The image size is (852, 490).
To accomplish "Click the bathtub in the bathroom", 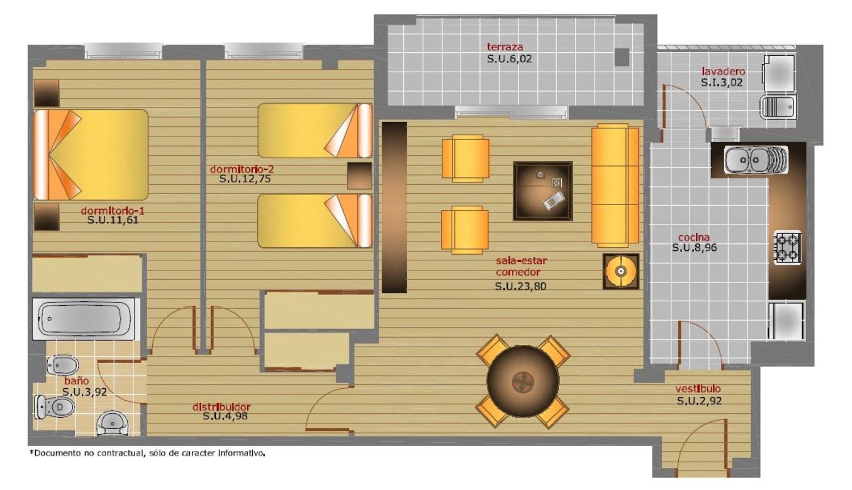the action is [x=84, y=319].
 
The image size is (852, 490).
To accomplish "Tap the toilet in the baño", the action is [x=55, y=406].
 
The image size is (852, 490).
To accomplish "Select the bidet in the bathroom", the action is [x=62, y=366].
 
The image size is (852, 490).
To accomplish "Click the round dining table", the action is [x=523, y=381].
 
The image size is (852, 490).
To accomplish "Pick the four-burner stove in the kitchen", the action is [x=788, y=248].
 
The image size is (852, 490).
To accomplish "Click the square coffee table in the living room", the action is [x=543, y=191].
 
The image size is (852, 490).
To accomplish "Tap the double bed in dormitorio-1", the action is [x=90, y=155].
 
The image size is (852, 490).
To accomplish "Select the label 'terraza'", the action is [x=505, y=47].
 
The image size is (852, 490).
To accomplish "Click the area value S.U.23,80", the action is [x=520, y=286].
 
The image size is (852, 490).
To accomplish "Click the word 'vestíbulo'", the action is [x=698, y=389].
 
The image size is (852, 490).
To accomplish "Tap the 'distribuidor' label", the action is [x=222, y=406].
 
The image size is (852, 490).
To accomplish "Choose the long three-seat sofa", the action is [x=615, y=185].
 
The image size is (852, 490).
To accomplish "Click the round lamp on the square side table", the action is [x=621, y=272].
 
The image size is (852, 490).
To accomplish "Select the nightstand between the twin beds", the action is [x=360, y=176].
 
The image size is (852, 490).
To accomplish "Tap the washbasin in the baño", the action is [x=112, y=423].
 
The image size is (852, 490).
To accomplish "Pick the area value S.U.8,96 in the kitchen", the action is [x=694, y=248].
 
